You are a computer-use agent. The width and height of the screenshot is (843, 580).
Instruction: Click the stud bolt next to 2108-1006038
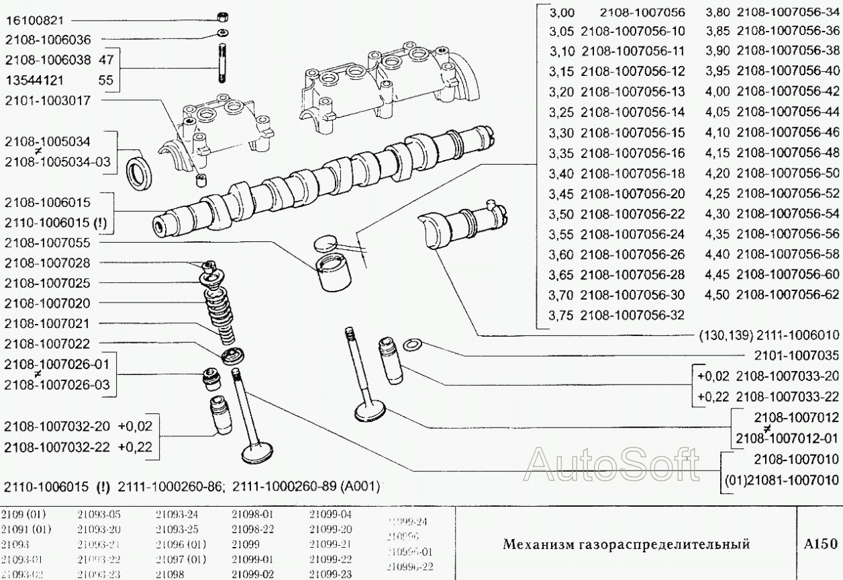(x=221, y=62)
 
